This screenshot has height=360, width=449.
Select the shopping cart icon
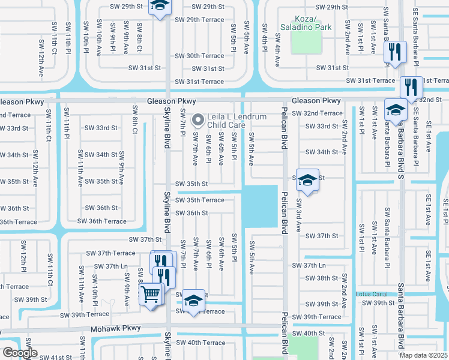(151, 294)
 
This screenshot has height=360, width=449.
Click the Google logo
(20, 353)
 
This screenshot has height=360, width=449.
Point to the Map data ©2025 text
(424, 355)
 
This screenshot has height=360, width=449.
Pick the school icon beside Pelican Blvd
(307, 179)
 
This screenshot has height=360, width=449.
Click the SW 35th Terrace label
(200, 200)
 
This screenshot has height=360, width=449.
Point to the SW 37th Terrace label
(110, 253)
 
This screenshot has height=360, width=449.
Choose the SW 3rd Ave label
(297, 218)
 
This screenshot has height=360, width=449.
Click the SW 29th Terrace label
(199, 20)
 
